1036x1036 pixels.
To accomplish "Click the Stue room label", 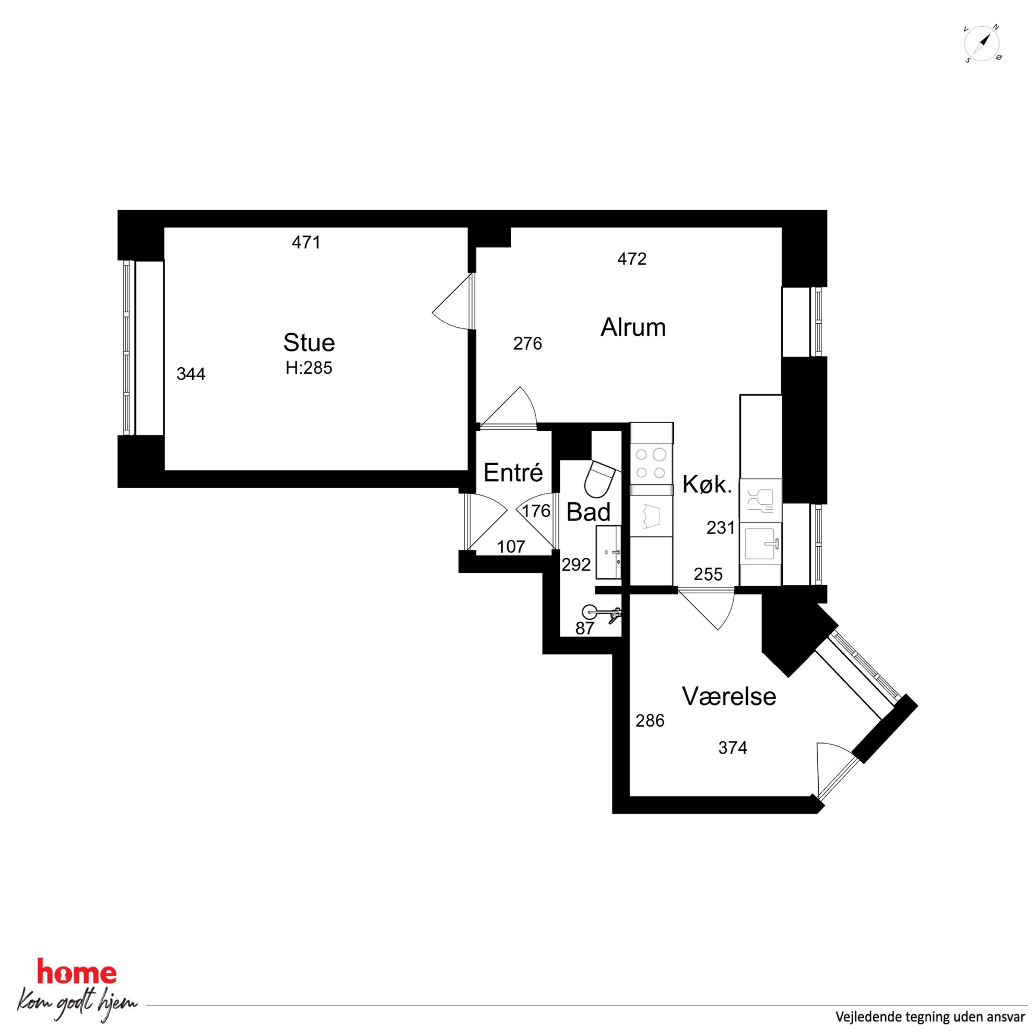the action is (x=309, y=342).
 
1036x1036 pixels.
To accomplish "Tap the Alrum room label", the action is (x=633, y=327).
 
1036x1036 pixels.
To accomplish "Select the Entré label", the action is (x=513, y=473).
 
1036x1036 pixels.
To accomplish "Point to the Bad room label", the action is (x=588, y=512).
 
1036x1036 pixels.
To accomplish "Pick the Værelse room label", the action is (x=729, y=697).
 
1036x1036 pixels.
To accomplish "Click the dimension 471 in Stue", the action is (x=306, y=243).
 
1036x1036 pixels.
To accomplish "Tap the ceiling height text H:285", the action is (x=309, y=368).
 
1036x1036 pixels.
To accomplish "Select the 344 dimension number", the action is (x=191, y=374).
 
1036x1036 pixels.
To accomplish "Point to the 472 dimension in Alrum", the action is (x=632, y=260).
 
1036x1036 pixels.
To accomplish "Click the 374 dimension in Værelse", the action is (x=733, y=748).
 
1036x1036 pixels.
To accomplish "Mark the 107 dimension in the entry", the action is (x=511, y=547).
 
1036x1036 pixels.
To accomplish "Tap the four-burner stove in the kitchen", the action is (x=651, y=463).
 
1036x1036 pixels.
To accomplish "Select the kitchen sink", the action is (x=760, y=545).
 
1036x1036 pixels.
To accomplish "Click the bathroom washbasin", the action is (x=609, y=552).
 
